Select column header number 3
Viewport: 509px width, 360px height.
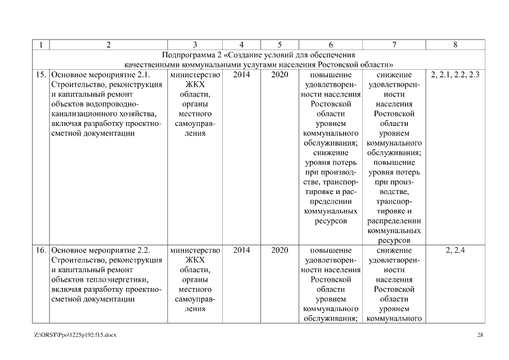(x=195, y=44)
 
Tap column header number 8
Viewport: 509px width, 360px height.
(x=454, y=44)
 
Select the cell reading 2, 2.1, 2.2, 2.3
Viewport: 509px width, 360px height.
(x=454, y=75)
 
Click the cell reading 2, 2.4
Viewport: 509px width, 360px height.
(x=454, y=250)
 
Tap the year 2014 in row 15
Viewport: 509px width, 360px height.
(x=241, y=75)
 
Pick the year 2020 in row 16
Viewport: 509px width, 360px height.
(x=280, y=250)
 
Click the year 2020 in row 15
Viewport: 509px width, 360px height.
(x=280, y=75)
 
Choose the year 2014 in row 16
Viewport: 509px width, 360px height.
(x=241, y=250)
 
